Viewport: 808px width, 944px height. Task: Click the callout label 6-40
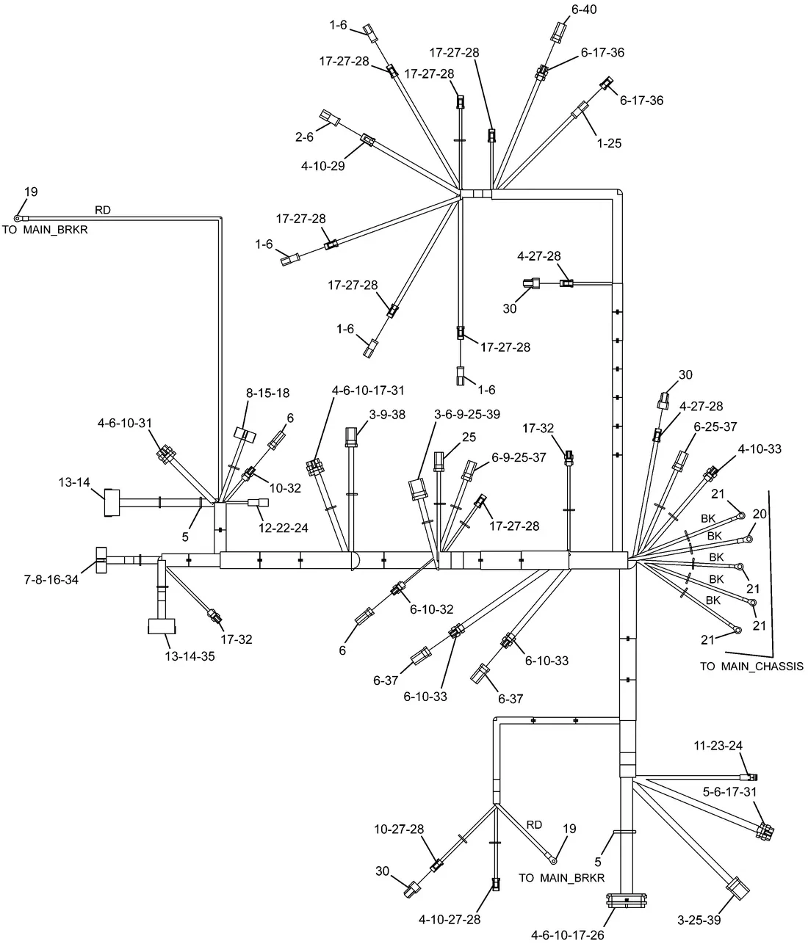(x=584, y=10)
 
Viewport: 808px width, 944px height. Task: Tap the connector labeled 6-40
(x=558, y=32)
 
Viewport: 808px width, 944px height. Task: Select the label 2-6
(x=304, y=137)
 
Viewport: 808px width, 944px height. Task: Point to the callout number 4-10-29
(x=322, y=166)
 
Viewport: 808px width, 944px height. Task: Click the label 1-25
(x=609, y=143)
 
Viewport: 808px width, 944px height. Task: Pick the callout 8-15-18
(x=268, y=393)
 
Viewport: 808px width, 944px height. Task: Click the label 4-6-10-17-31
(x=368, y=391)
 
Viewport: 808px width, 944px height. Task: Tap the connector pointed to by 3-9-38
(x=351, y=437)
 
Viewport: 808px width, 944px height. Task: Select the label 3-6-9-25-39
(x=467, y=414)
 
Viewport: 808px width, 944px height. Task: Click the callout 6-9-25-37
(x=519, y=457)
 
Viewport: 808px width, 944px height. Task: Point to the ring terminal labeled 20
(x=748, y=539)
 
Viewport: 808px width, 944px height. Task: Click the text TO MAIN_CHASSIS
(x=751, y=667)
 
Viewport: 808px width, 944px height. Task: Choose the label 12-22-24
(x=284, y=528)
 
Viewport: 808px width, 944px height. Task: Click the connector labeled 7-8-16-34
(x=101, y=560)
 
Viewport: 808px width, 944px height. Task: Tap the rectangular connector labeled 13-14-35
(x=162, y=626)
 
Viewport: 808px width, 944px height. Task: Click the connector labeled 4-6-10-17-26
(x=627, y=901)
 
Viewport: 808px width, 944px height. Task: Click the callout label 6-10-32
(x=431, y=609)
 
